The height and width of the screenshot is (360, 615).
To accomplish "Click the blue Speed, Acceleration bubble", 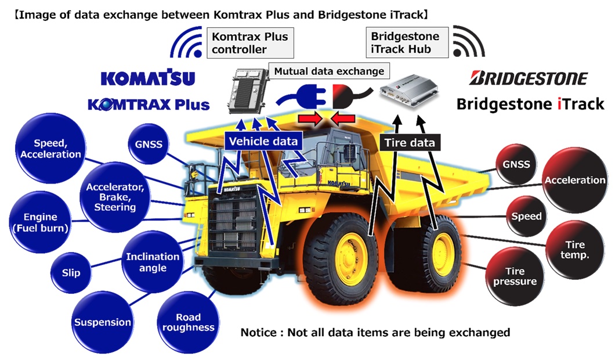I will click(x=57, y=149).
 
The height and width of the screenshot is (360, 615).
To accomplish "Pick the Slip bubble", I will click(x=71, y=272).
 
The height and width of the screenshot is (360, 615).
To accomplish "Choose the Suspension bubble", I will click(x=102, y=322).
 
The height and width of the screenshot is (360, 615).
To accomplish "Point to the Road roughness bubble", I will click(x=188, y=322).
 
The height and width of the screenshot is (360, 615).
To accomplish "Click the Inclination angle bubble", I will click(x=153, y=262).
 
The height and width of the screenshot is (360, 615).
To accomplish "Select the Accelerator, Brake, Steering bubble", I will click(x=114, y=197).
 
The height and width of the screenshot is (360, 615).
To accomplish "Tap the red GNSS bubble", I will click(x=516, y=164).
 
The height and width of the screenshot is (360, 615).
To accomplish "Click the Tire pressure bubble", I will click(x=515, y=276).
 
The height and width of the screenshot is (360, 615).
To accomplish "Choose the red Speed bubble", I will click(x=526, y=216).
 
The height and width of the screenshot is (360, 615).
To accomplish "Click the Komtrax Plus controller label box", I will click(x=249, y=43).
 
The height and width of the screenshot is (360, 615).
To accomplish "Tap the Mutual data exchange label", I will click(x=330, y=71).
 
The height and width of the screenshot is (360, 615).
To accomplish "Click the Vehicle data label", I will click(x=263, y=141).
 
